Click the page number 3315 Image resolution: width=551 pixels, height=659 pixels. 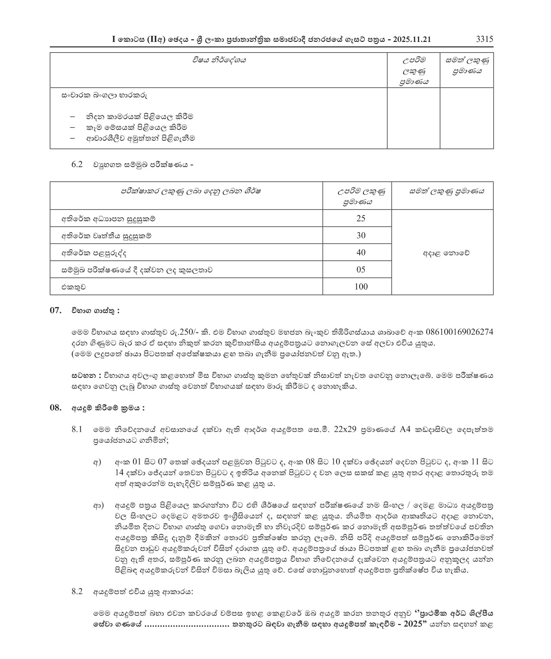pyautogui.click(x=484, y=39)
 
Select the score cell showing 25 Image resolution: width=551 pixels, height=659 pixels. pyautogui.click(x=360, y=219)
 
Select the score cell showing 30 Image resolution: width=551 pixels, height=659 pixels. pyautogui.click(x=360, y=235)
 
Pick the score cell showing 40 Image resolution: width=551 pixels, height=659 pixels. pyautogui.click(x=360, y=252)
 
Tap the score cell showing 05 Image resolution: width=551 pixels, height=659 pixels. pyautogui.click(x=360, y=269)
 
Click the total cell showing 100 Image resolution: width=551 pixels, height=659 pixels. pyautogui.click(x=360, y=286)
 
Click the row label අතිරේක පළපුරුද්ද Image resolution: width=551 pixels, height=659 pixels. pyautogui.click(x=94, y=253)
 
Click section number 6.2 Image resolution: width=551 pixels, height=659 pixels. pyautogui.click(x=77, y=165)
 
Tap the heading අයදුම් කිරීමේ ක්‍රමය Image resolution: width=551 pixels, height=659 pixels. pyautogui.click(x=108, y=408)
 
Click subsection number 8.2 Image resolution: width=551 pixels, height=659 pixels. pyautogui.click(x=77, y=591)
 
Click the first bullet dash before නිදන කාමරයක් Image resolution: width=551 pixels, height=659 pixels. pyautogui.click(x=72, y=117)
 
